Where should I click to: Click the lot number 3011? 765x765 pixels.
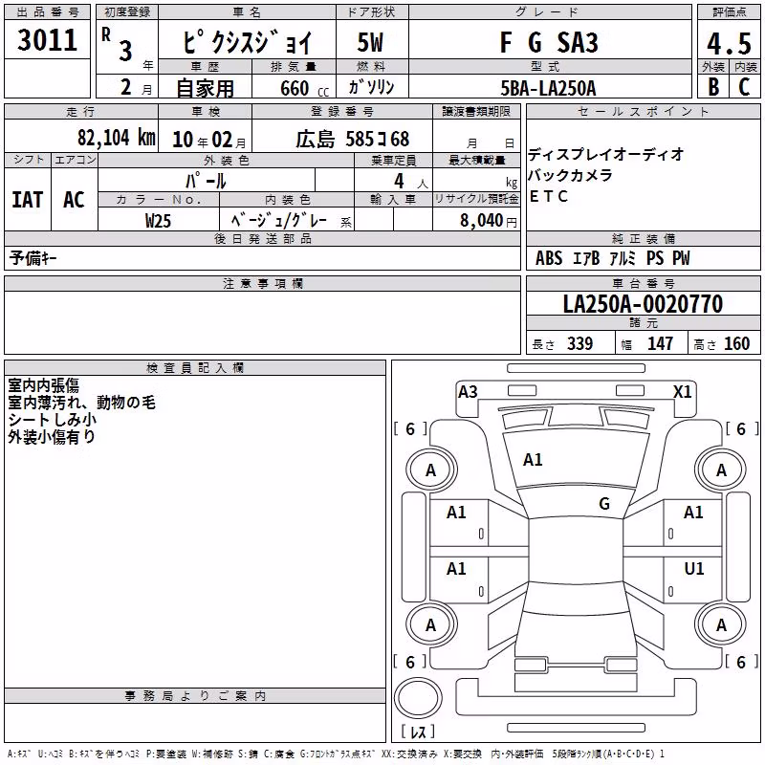[47, 40]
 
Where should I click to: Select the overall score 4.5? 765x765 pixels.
[729, 43]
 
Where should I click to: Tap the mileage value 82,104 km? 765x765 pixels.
[116, 138]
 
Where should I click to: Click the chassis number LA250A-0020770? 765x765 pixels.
[643, 303]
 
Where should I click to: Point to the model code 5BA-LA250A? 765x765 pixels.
[548, 88]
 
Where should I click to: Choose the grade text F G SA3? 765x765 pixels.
[549, 42]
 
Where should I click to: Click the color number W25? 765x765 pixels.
[158, 221]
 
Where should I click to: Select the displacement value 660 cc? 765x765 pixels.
[304, 89]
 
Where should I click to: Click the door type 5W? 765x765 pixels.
[370, 42]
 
